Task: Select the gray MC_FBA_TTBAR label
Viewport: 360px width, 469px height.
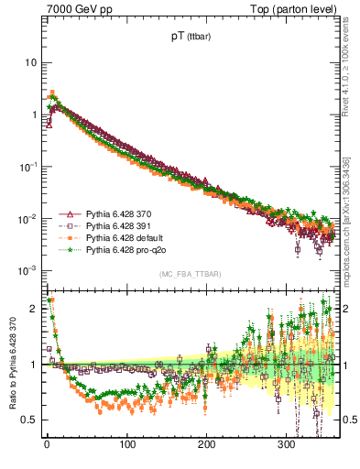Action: coord(190,275)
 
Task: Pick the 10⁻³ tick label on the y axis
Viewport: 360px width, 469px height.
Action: coord(27,270)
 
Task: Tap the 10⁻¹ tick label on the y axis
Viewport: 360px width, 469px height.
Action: coord(27,167)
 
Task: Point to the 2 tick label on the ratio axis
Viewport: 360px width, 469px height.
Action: coord(34,309)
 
